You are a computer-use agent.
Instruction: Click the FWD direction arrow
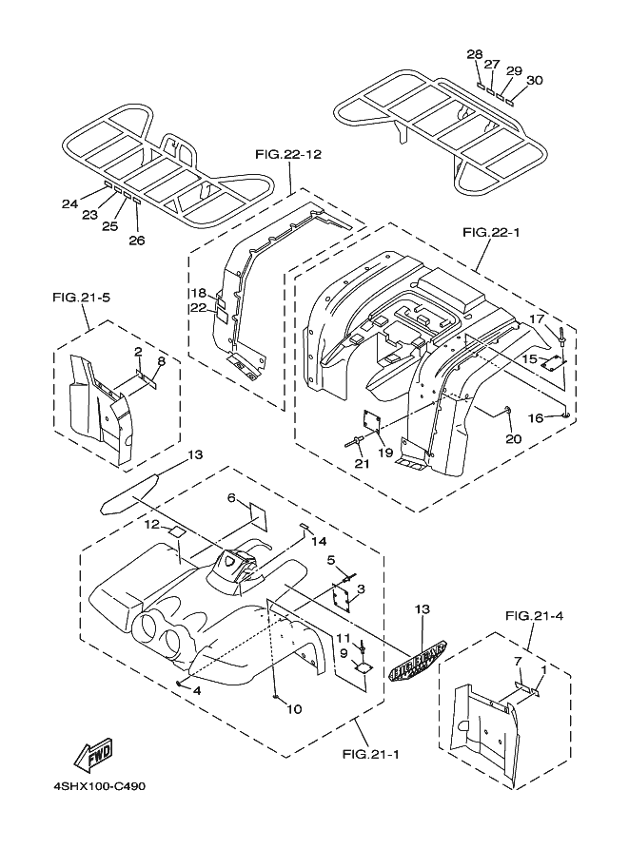[x=94, y=755]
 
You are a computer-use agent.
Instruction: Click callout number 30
[x=534, y=81]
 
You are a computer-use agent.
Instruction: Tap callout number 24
[x=69, y=203]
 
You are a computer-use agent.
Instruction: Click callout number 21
[x=361, y=463]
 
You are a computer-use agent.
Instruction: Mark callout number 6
[x=230, y=497]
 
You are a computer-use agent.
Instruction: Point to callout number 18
[x=198, y=292]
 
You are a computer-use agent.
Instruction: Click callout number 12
[x=153, y=524]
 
